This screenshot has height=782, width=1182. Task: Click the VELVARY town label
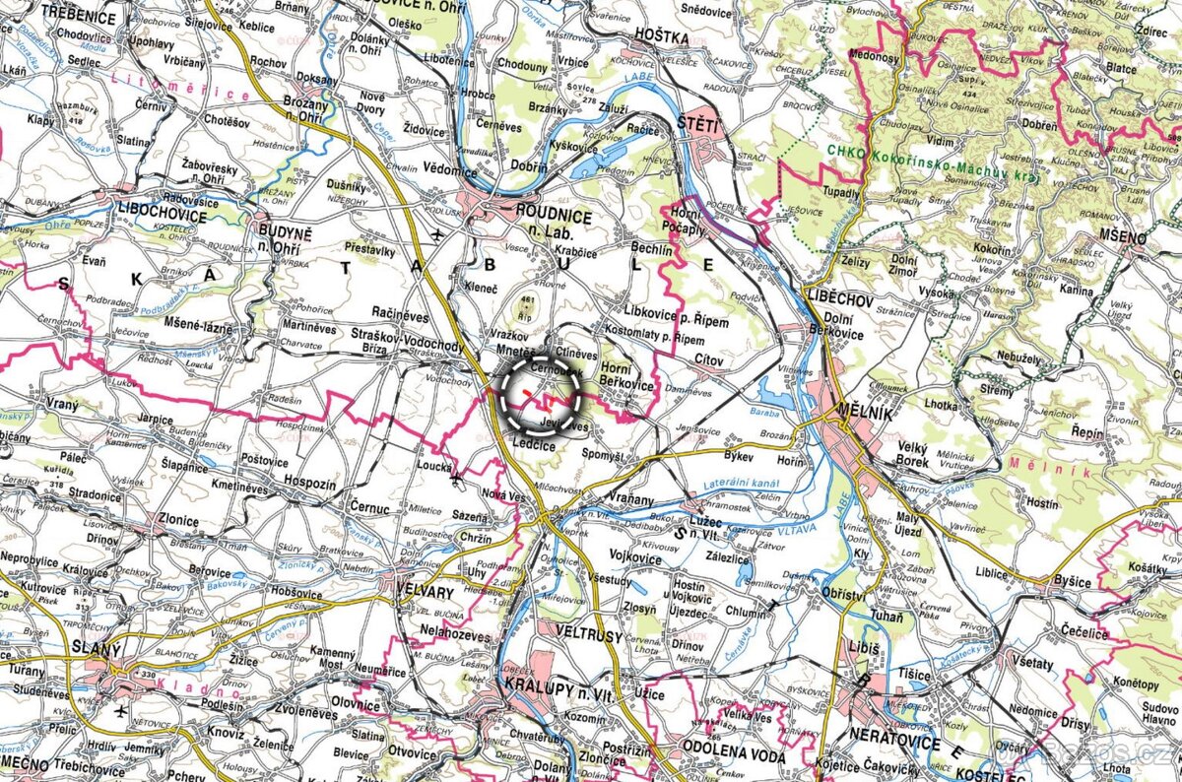click(423, 593)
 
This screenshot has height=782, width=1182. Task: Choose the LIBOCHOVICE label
click(161, 216)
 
